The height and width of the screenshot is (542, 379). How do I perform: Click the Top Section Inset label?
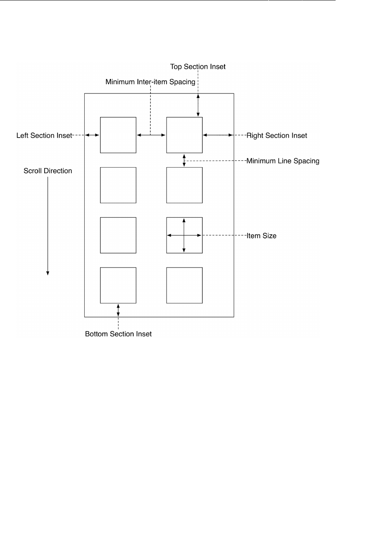[198, 67]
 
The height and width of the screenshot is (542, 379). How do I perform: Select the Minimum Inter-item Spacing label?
[150, 82]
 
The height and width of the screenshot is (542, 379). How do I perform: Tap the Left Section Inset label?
[44, 136]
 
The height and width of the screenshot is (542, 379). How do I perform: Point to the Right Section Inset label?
[277, 136]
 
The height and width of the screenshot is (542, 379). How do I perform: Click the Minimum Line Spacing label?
[283, 161]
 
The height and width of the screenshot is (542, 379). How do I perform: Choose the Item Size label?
[261, 236]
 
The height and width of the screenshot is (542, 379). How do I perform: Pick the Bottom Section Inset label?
[118, 334]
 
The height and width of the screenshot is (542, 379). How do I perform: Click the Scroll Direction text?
[48, 171]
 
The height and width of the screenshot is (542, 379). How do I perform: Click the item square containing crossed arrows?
[184, 235]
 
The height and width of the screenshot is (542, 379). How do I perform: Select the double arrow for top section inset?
[198, 105]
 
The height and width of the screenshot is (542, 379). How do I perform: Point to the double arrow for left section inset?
[92, 135]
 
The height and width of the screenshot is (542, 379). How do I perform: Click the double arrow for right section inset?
[218, 135]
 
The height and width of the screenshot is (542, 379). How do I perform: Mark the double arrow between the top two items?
[151, 135]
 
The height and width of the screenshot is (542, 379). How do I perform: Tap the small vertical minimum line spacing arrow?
[184, 160]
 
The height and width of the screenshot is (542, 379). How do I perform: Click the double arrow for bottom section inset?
[118, 310]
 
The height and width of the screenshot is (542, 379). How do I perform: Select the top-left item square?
[118, 135]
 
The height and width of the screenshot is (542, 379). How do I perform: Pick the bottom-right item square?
[184, 285]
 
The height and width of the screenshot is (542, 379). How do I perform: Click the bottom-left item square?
[118, 285]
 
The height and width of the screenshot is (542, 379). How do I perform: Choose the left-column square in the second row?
[118, 185]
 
